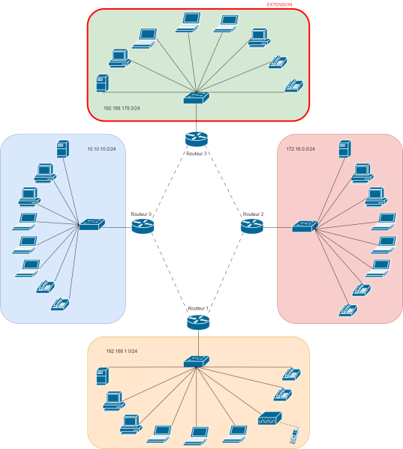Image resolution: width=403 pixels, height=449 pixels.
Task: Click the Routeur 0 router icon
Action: (x=143, y=226)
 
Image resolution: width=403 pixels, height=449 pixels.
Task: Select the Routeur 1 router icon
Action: (x=198, y=322)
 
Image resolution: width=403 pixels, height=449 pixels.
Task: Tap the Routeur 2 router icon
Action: (x=252, y=226)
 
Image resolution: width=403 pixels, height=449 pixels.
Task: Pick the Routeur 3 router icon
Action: (x=197, y=139)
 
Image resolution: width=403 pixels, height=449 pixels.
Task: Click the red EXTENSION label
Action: (x=279, y=4)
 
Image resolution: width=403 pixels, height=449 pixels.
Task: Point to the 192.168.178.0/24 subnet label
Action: (x=122, y=108)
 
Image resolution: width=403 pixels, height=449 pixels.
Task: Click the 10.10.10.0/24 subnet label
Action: (x=101, y=149)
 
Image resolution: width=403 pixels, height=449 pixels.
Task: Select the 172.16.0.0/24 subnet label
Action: (x=300, y=149)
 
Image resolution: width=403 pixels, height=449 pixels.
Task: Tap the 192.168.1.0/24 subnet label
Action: (x=122, y=351)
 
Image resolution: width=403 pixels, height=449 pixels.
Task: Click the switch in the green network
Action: (x=197, y=97)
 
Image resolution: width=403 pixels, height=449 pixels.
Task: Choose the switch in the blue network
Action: (x=92, y=224)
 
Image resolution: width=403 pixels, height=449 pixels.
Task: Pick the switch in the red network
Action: (x=305, y=226)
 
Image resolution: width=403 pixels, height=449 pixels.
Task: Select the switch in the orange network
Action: (x=197, y=361)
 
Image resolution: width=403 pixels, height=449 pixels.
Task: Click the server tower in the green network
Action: (x=103, y=83)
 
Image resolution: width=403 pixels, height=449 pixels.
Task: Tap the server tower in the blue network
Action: (x=63, y=149)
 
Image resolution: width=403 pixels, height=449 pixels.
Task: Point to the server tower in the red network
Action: (x=344, y=149)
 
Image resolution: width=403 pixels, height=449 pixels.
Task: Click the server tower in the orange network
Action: (x=103, y=376)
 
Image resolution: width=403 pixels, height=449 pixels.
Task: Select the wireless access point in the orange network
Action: (x=269, y=418)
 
